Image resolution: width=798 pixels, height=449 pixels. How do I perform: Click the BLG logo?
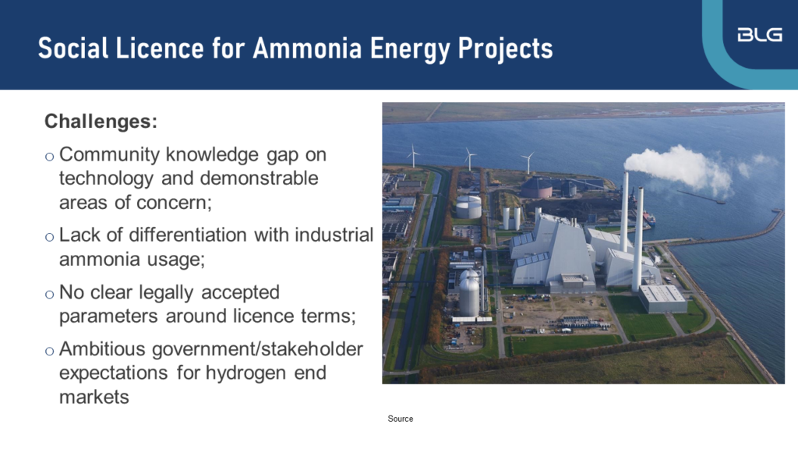pyautogui.click(x=759, y=35)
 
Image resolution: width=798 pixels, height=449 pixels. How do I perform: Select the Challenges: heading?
pyautogui.click(x=101, y=122)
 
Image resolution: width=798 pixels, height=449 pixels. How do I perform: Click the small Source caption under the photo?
pyautogui.click(x=401, y=419)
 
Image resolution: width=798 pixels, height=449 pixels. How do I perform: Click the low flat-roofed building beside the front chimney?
pyautogui.click(x=662, y=297)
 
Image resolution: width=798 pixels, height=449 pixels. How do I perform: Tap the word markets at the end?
pyautogui.click(x=94, y=397)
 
